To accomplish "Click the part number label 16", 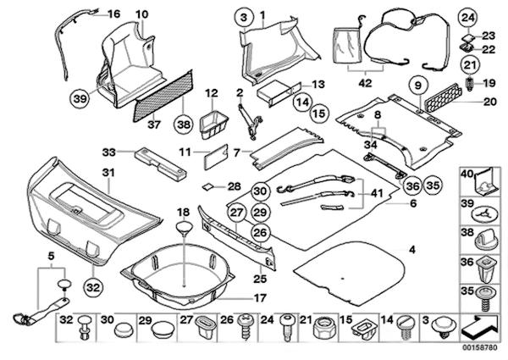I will click(113, 13).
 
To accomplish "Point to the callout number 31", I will click(107, 173).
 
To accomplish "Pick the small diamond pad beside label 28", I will click(206, 185).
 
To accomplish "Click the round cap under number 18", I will click(184, 226).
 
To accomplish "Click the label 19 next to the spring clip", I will click(490, 83).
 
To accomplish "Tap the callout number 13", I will click(317, 84).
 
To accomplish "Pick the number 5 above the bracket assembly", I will click(51, 254).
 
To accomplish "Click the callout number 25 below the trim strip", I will click(261, 279).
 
